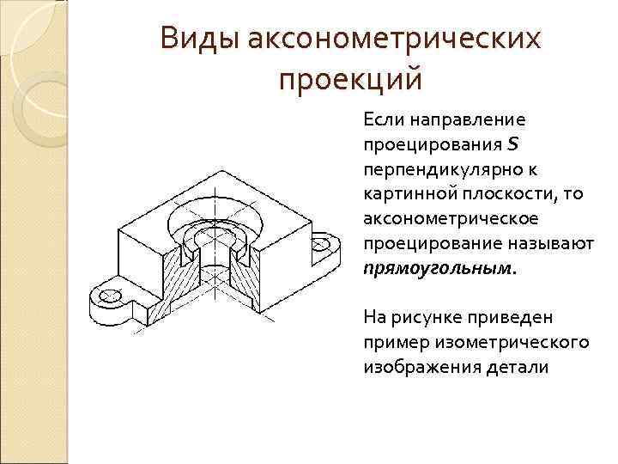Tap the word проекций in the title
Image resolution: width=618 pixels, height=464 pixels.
coord(351,80)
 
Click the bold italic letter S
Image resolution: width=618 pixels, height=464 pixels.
coord(512,142)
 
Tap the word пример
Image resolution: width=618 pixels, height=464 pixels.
coord(393,342)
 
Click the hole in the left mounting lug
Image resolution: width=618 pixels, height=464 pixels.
coord(109,296)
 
